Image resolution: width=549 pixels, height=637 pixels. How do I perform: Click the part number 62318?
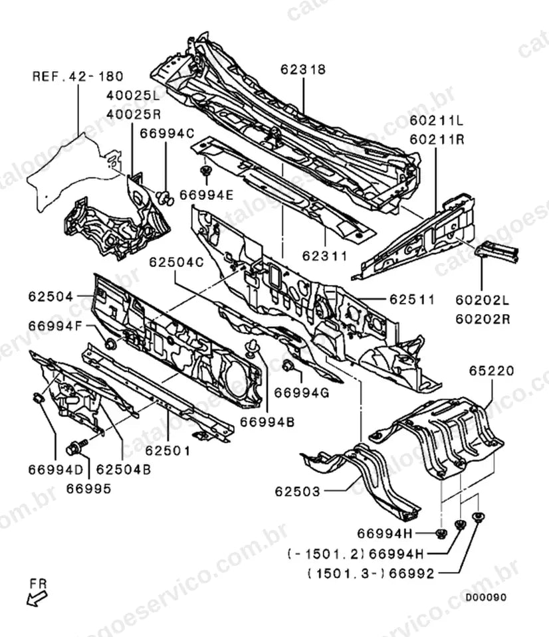[303, 70]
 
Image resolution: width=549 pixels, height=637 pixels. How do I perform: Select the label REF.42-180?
[78, 76]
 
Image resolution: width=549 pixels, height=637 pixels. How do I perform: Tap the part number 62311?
[325, 256]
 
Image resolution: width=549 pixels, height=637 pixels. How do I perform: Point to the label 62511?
[412, 300]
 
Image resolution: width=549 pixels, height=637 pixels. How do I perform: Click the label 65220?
[492, 371]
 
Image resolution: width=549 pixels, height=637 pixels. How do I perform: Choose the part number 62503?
[298, 492]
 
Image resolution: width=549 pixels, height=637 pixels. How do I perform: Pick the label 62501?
[168, 450]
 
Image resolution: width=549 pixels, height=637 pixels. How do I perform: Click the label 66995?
[88, 489]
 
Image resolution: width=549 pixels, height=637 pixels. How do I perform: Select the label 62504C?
[176, 262]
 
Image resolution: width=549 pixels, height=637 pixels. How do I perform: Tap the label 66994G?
[302, 393]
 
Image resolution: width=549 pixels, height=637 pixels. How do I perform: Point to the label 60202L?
[483, 300]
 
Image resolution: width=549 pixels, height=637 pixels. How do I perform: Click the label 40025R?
[134, 114]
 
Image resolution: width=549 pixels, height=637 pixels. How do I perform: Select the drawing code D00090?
[486, 597]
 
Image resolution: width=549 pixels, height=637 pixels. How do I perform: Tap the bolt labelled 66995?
[76, 446]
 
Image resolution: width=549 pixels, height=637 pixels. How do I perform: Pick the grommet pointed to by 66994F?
[110, 344]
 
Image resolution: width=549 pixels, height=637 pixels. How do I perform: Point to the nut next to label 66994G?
[288, 365]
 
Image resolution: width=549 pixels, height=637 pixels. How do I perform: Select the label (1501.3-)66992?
[371, 574]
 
